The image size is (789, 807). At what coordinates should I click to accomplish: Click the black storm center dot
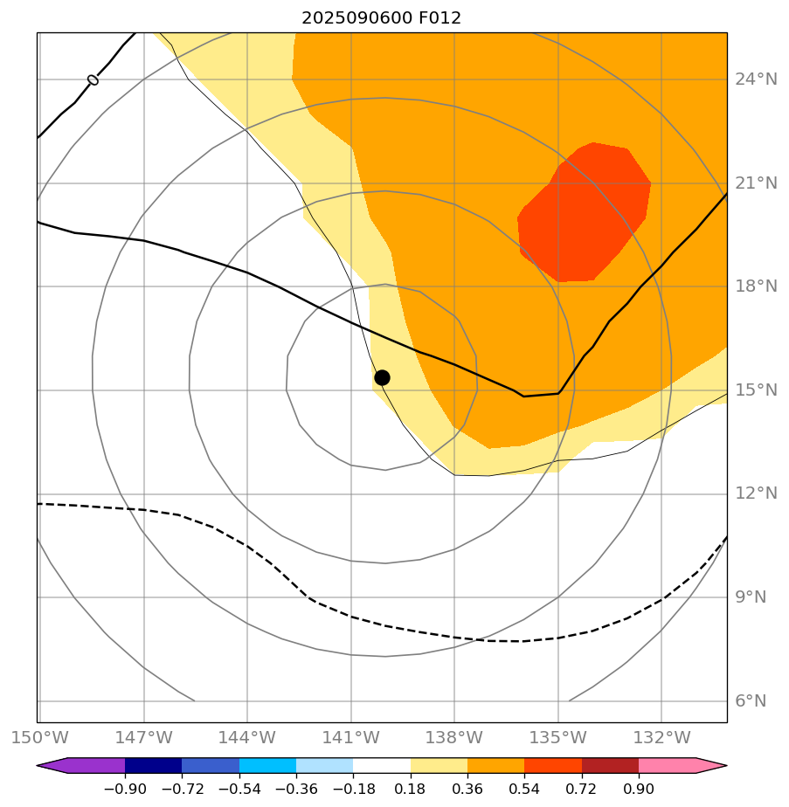click(382, 377)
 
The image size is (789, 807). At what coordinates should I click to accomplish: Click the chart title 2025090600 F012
click(381, 17)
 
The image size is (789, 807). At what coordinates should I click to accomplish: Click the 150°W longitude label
click(38, 737)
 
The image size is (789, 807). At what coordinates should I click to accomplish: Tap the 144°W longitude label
click(247, 737)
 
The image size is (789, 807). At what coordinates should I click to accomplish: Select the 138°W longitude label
click(454, 737)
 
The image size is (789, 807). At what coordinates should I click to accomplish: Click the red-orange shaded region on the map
click(584, 214)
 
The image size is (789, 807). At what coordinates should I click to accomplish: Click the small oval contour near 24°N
click(93, 80)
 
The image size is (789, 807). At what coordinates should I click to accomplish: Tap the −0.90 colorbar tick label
click(124, 789)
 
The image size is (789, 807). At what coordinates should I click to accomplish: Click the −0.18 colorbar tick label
click(353, 789)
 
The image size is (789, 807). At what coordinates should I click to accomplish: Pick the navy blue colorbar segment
click(153, 766)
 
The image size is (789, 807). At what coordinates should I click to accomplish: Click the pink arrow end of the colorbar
click(709, 766)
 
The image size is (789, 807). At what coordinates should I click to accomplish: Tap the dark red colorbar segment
click(610, 766)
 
